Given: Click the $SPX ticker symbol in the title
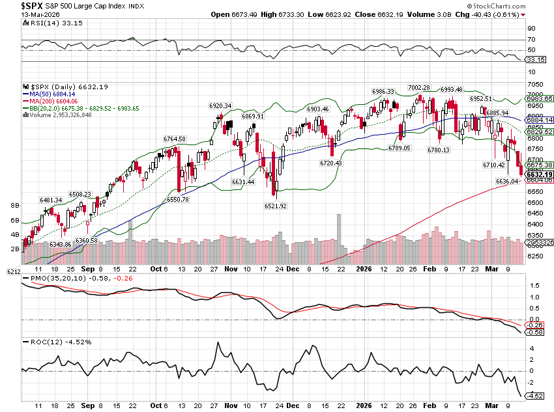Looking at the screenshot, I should pos(14,5).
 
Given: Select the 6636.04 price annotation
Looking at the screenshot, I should pos(507,181).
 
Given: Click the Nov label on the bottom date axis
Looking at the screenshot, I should pos(231,268).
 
